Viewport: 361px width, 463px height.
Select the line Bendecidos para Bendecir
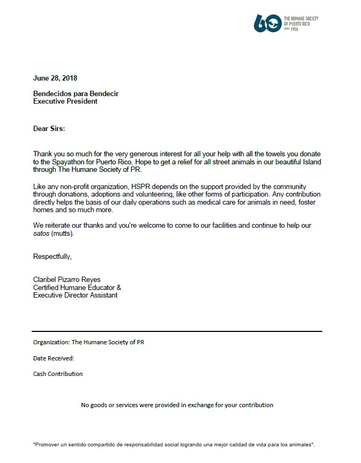[x=76, y=93]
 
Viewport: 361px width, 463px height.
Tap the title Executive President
[x=65, y=101]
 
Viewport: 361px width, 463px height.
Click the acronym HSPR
[x=151, y=185]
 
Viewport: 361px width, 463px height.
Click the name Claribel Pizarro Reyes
[x=67, y=279]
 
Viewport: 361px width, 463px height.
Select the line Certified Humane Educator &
[x=77, y=287]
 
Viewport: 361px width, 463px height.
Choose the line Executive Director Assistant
[x=75, y=295]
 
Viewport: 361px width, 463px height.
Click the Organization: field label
[x=52, y=342]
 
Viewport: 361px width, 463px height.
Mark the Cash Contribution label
[x=58, y=374]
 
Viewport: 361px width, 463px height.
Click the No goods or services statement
[x=177, y=405]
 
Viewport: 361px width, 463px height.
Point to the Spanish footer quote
[x=174, y=445]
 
